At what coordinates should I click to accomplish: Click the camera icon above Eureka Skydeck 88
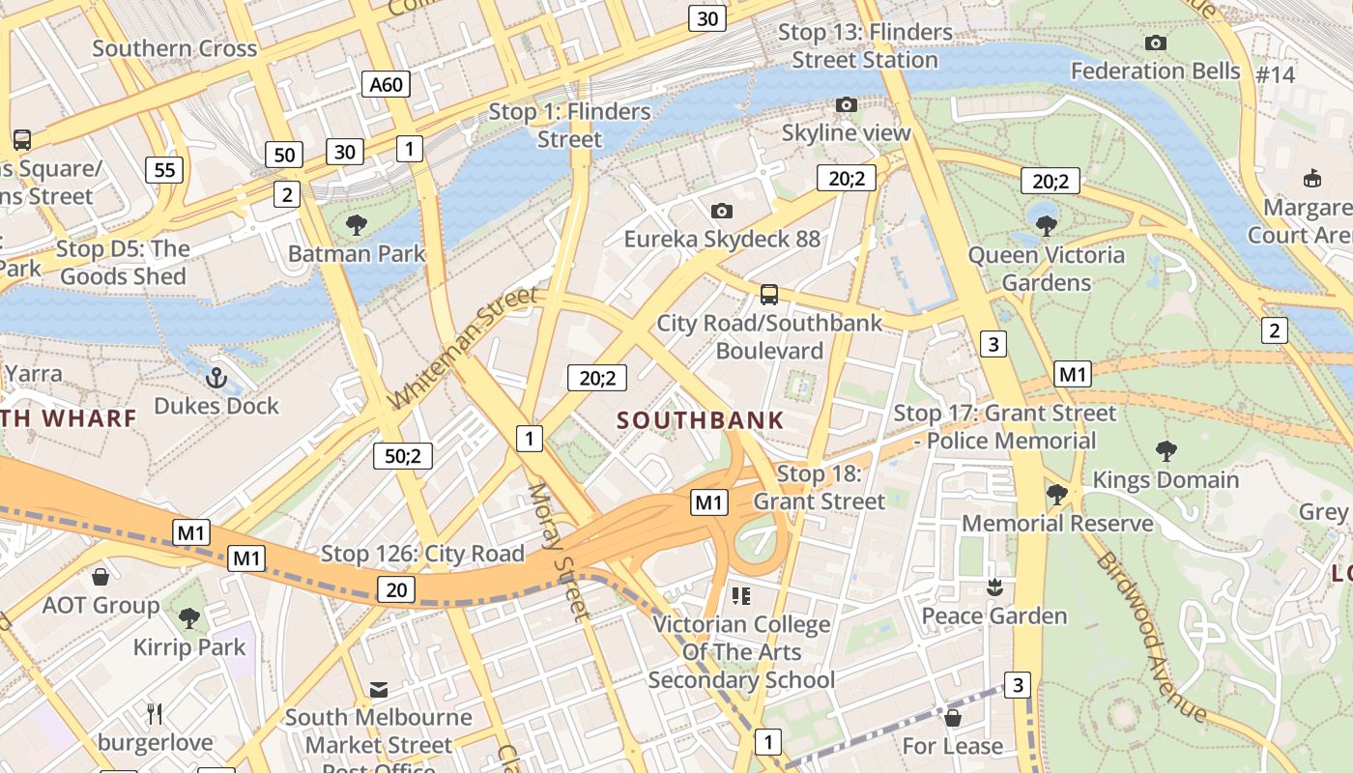721,211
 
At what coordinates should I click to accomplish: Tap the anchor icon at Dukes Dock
216,378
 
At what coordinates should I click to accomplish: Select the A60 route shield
386,84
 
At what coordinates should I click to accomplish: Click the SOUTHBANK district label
701,420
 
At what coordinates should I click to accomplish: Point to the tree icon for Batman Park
357,226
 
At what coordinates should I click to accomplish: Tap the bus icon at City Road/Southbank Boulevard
769,295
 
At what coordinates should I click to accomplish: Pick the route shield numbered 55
164,170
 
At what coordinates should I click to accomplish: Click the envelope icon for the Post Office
379,690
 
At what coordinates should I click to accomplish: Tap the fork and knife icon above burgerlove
155,714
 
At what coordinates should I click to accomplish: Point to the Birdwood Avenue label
1150,638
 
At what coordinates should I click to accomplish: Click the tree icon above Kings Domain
1166,451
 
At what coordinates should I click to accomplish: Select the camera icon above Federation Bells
1155,43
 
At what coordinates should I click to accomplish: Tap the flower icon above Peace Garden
993,587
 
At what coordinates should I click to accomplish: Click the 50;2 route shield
403,456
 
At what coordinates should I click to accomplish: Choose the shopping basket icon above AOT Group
101,578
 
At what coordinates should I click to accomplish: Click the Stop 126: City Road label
422,554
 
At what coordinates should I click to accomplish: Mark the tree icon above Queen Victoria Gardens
1046,226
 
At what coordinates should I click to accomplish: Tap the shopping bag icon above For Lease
953,718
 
